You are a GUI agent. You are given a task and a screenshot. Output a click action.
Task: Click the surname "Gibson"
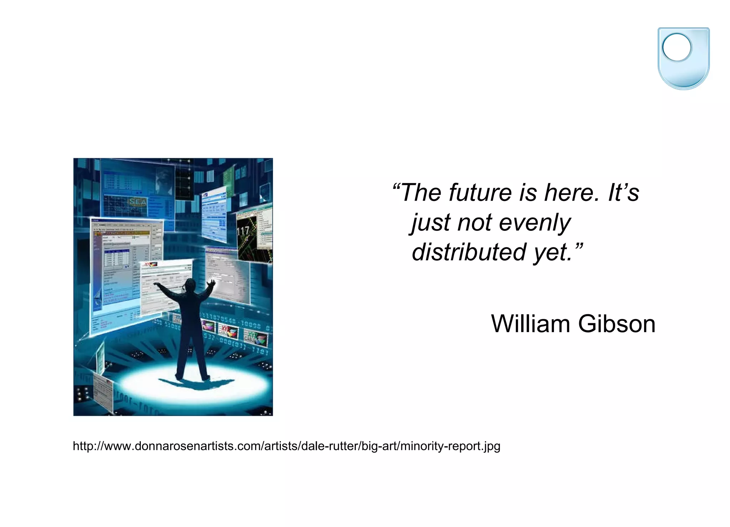pyautogui.click(x=617, y=324)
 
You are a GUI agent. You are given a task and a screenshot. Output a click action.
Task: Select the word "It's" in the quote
pyautogui.click(x=623, y=193)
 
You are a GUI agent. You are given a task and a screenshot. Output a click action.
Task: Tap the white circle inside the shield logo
pyautogui.click(x=676, y=47)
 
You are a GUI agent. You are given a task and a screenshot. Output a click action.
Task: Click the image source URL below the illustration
pyautogui.click(x=286, y=446)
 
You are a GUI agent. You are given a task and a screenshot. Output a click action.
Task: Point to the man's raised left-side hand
pyautogui.click(x=156, y=284)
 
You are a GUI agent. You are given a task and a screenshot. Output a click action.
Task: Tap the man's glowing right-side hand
pyautogui.click(x=212, y=283)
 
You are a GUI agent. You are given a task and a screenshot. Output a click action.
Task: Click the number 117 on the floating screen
pyautogui.click(x=243, y=231)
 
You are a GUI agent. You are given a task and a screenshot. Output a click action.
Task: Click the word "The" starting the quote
pyautogui.click(x=421, y=193)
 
